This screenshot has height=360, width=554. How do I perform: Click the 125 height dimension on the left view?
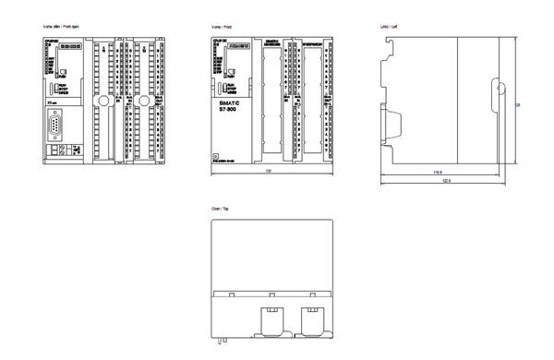pos(516,104)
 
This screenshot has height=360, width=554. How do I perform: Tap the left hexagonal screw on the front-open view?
pos(103,97)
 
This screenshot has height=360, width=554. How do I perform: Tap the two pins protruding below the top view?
pos(222,339)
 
